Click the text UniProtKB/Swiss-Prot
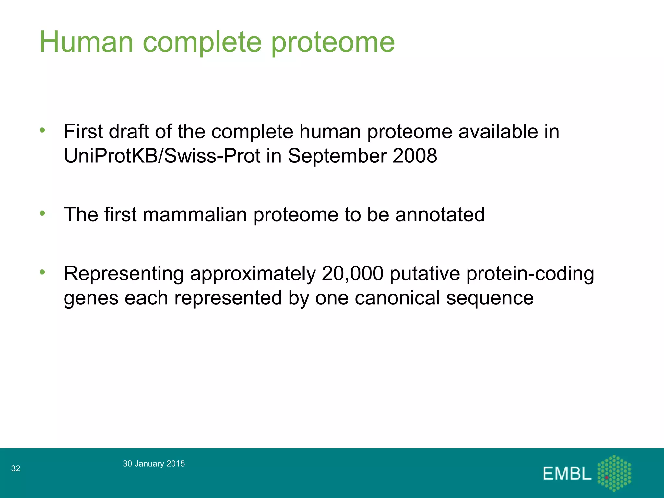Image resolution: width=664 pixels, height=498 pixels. click(162, 156)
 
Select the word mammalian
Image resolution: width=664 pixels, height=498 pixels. click(195, 215)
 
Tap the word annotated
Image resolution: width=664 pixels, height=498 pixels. click(440, 215)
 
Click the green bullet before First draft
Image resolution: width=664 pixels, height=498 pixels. click(42, 131)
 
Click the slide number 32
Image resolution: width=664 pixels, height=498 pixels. click(16, 468)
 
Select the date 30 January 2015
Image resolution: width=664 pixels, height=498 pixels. click(154, 464)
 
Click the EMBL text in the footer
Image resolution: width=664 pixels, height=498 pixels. click(567, 474)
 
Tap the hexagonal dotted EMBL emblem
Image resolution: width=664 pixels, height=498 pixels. click(614, 473)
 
